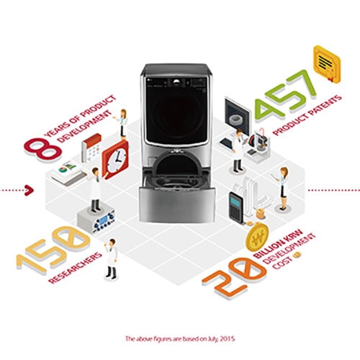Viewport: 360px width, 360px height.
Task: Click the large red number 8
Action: coord(42,148)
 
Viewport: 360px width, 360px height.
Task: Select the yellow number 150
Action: coord(53,250)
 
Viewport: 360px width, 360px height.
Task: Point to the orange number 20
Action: coord(234,278)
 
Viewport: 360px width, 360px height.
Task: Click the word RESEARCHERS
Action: coord(75,268)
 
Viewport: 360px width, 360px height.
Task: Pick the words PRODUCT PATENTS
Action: coord(307,115)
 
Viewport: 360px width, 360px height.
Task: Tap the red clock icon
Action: coord(115,160)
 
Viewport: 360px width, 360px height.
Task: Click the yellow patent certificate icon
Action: coord(327,64)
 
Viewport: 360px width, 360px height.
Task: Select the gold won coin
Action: coord(257,236)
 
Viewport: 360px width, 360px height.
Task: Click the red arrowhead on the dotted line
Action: coord(29,190)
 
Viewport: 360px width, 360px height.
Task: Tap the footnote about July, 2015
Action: coord(180,339)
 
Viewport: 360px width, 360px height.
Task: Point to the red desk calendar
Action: coord(91,148)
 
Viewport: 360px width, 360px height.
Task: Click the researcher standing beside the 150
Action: coord(111,259)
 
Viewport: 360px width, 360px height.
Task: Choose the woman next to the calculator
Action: coord(283,189)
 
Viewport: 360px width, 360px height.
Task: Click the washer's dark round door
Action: coord(177,116)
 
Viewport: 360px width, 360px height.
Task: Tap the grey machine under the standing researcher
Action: coord(96,220)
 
